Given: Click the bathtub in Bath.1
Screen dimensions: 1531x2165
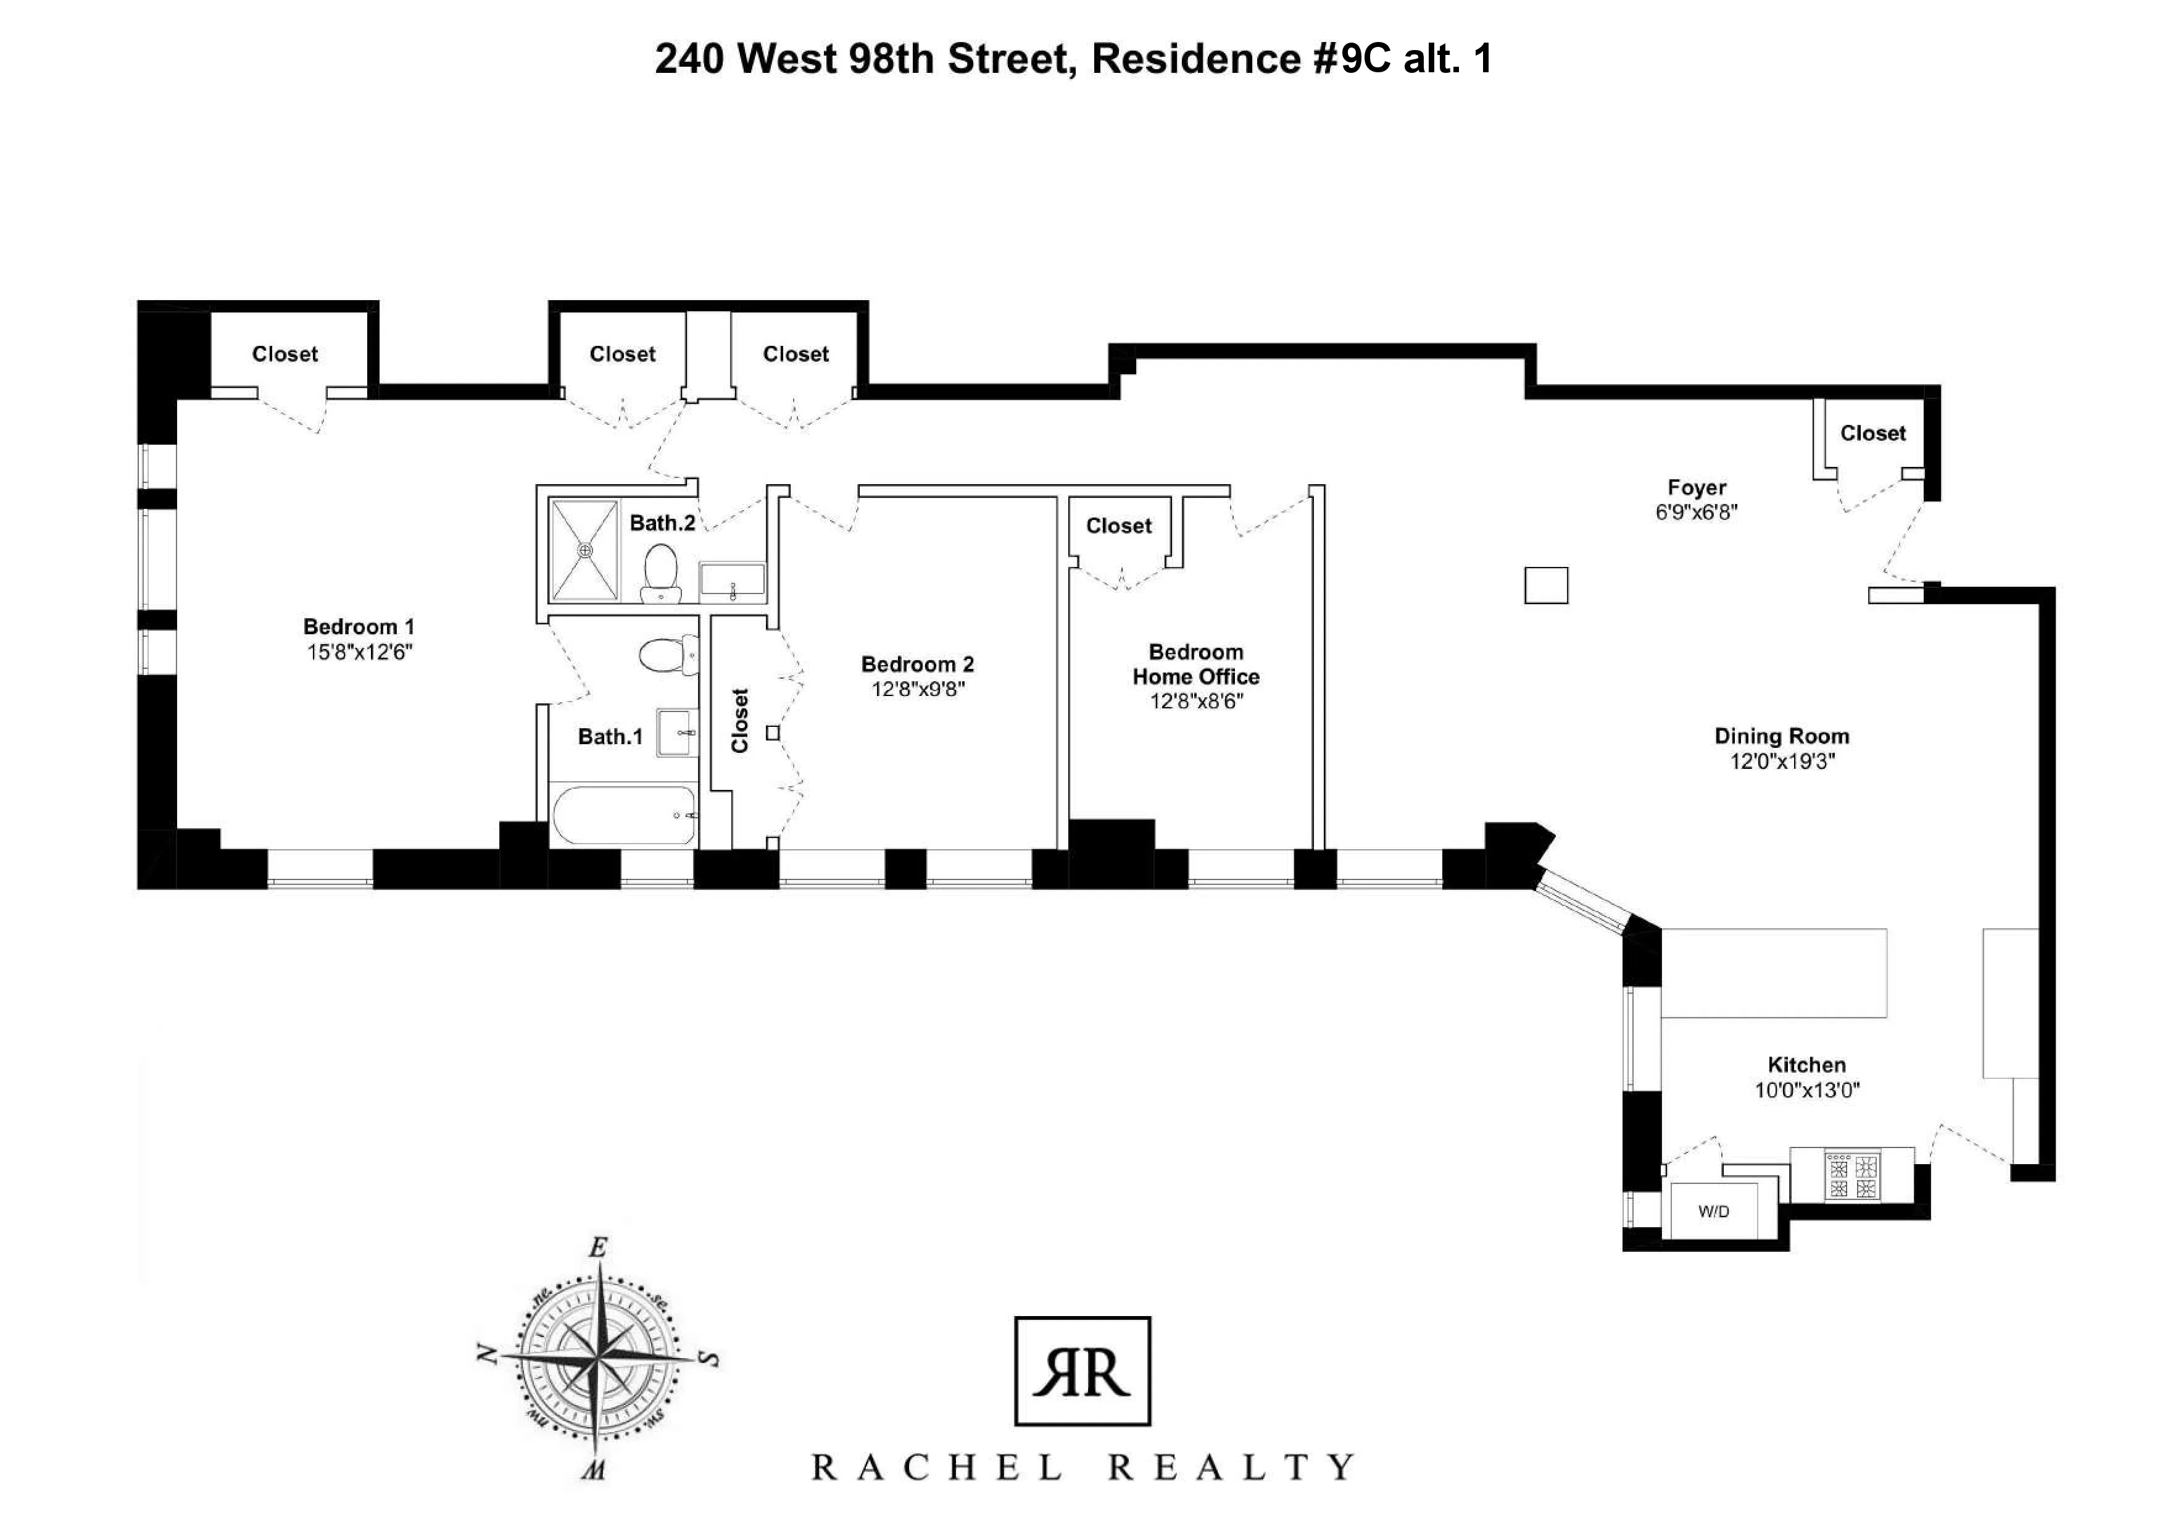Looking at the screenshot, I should pos(624,815).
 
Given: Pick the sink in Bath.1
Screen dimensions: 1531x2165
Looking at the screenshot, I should pos(677,732).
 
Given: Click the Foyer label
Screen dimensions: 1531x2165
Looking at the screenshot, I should pos(1697,488).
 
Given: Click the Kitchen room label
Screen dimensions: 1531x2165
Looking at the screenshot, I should pos(1806,1065).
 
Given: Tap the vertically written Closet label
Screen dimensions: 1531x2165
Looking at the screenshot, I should pos(740,721).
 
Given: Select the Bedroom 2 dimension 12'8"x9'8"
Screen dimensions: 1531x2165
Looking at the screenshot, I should pos(918,690).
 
